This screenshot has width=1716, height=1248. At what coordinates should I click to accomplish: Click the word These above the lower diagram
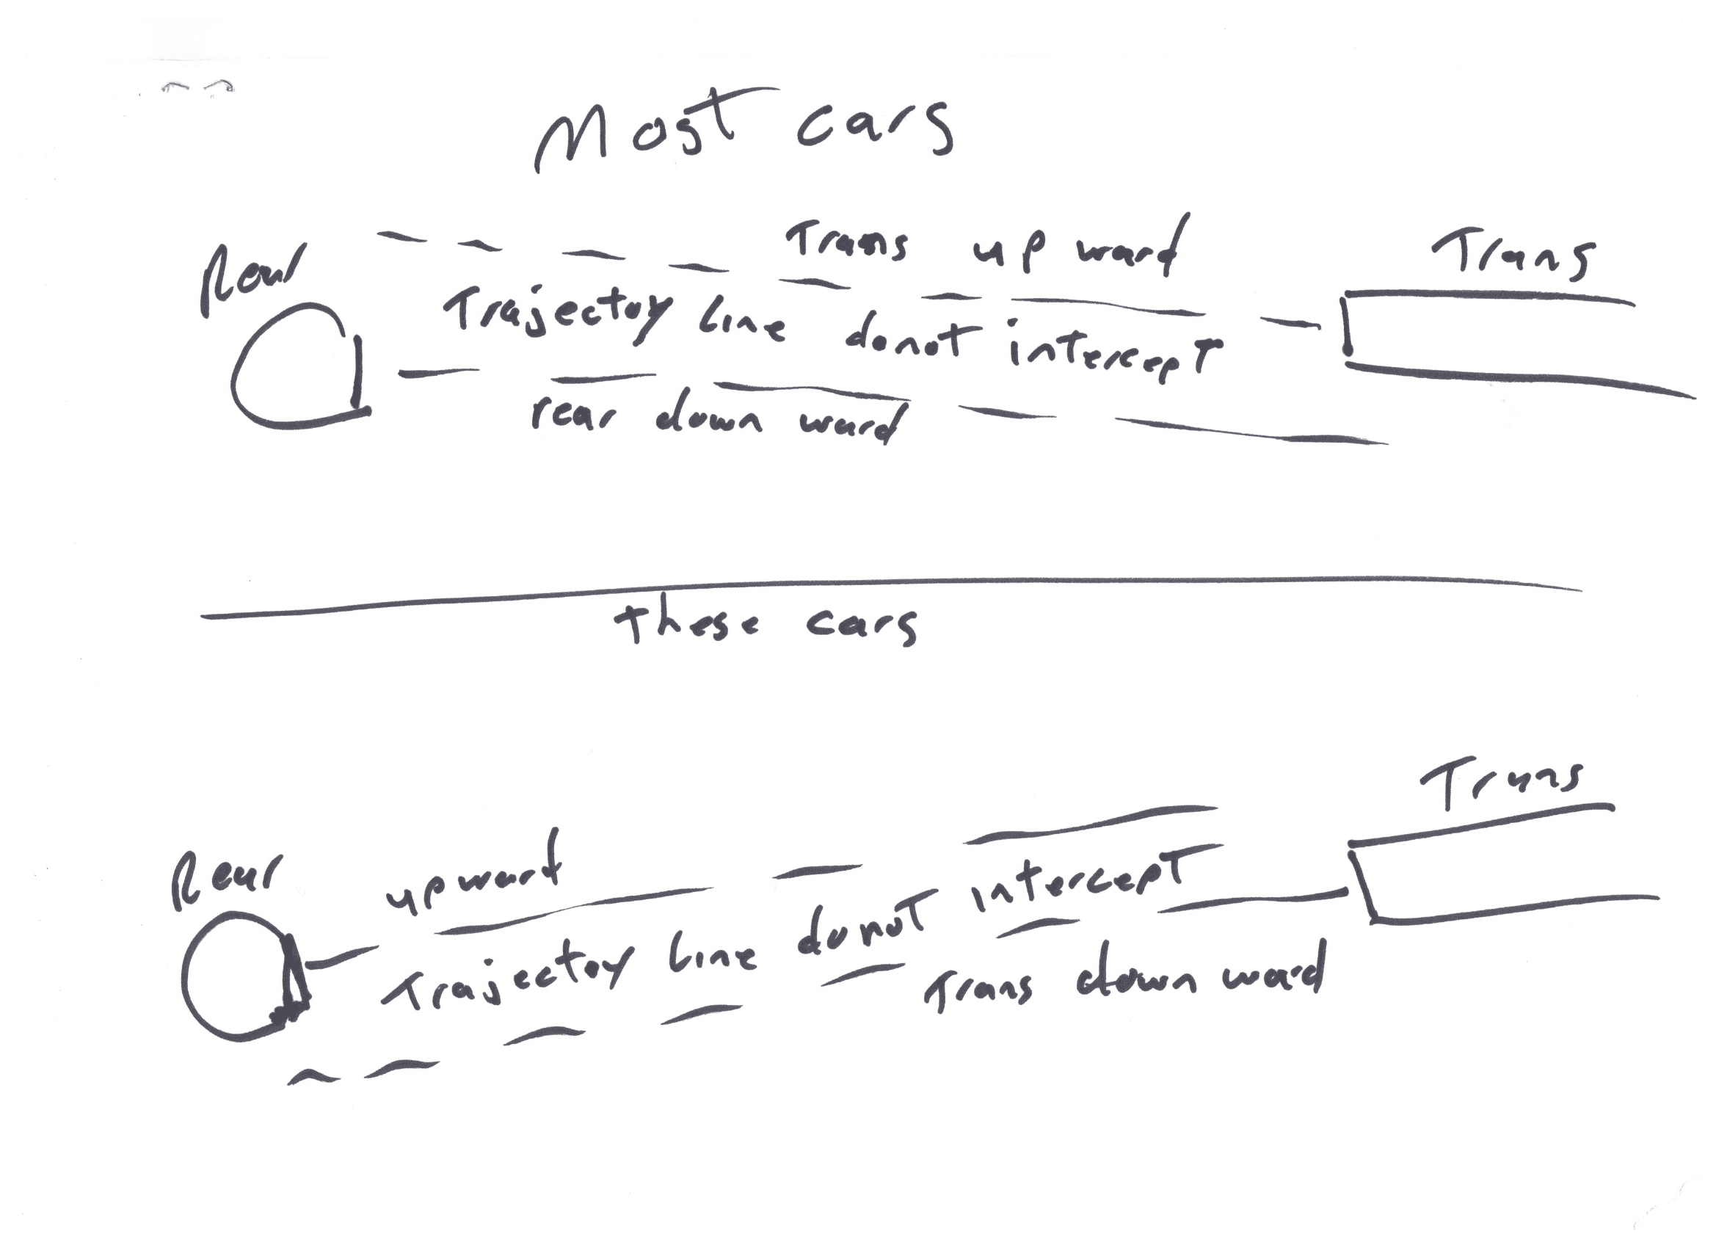click(x=685, y=625)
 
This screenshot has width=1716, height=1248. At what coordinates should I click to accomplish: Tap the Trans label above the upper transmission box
click(x=1513, y=258)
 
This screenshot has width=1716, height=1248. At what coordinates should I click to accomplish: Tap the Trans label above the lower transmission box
click(x=1502, y=783)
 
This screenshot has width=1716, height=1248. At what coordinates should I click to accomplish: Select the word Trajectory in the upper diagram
click(x=556, y=314)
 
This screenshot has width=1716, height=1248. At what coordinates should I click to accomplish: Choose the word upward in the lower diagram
click(x=473, y=878)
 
